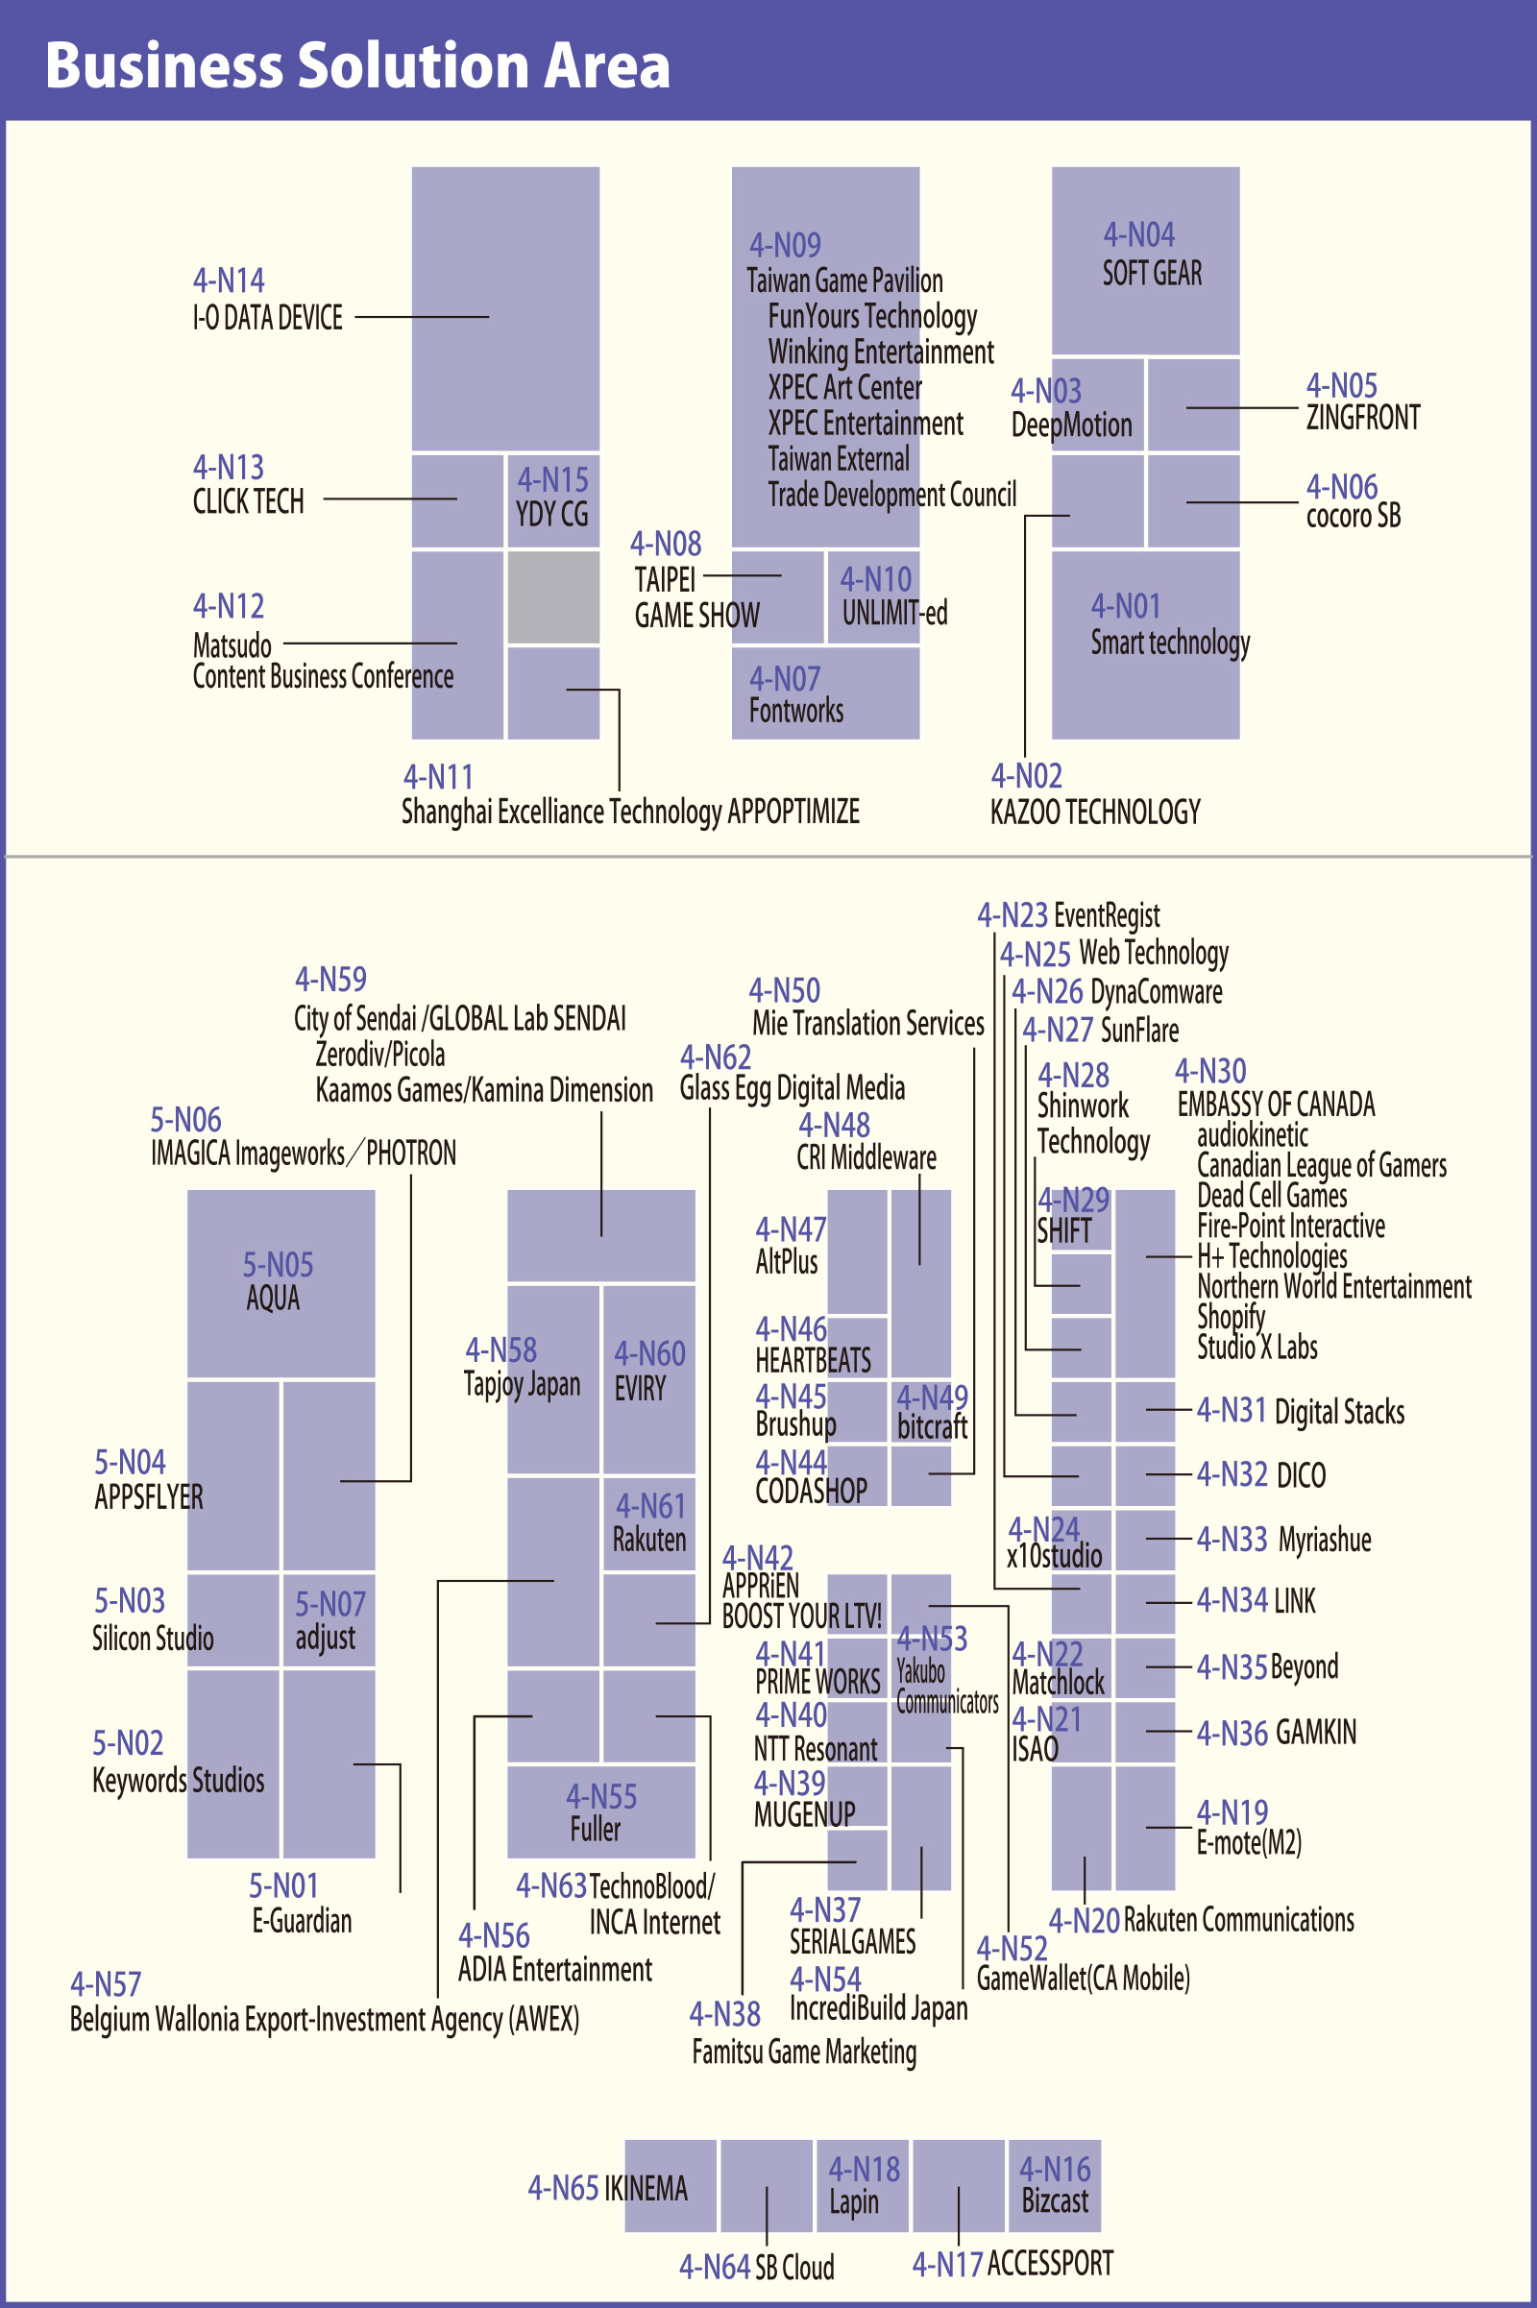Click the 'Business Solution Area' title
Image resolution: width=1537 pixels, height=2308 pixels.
coord(357,65)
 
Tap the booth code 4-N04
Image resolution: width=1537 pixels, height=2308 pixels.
coord(1139,235)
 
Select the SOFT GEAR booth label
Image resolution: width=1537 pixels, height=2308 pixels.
coord(1152,274)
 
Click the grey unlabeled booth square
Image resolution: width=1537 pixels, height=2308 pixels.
coord(553,596)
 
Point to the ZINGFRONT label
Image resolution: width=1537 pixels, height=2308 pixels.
coord(1362,419)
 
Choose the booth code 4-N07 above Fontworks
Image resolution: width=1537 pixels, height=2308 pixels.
coord(784,678)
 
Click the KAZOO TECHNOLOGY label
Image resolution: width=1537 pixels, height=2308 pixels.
coord(1095,813)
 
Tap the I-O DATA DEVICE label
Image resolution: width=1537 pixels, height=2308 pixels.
coord(268,319)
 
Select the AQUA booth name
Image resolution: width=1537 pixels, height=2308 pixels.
coord(273,1299)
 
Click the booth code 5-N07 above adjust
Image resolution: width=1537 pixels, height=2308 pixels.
coord(330,1604)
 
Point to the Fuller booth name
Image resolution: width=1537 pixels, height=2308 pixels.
coord(595,1830)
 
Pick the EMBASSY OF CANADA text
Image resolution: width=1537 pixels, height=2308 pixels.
coord(1276,1105)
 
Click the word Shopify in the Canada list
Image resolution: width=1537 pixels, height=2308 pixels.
coord(1231,1317)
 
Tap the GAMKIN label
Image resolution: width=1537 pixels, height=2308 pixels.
coord(1315,1733)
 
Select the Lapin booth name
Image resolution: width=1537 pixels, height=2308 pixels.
coord(854,2202)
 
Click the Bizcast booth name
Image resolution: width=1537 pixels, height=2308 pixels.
coord(1055,2201)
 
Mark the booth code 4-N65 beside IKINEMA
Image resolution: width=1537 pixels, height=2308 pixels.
coord(563,2189)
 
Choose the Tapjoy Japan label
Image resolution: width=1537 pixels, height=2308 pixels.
coord(522,1385)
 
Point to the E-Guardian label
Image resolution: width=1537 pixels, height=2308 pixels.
coord(302,1921)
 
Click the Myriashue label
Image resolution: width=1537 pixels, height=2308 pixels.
coord(1325,1540)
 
